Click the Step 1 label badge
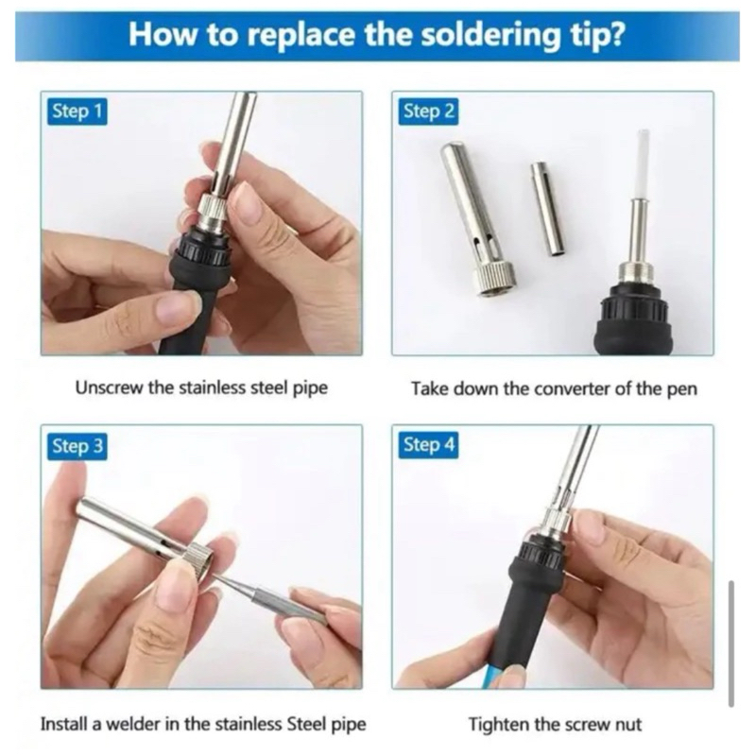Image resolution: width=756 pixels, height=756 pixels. point(77,112)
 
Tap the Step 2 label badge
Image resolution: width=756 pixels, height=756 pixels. point(429,112)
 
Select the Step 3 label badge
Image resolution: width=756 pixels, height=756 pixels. point(77,445)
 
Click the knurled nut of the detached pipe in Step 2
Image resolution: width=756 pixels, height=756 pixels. point(493,280)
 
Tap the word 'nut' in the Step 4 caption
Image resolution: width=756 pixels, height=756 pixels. point(627,725)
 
